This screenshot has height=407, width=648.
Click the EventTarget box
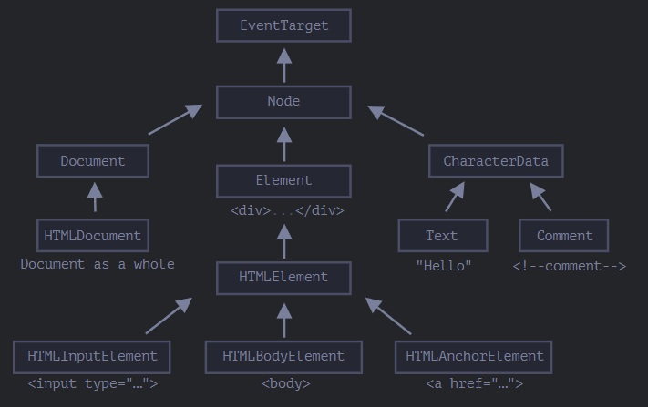[x=284, y=25]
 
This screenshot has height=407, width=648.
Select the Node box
[x=284, y=102]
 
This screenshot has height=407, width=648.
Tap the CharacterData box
[x=496, y=161]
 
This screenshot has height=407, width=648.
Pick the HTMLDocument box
[x=93, y=235]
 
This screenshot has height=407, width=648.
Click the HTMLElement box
[x=284, y=278]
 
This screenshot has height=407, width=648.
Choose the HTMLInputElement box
[x=92, y=357]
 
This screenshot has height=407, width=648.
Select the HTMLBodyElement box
[x=284, y=357]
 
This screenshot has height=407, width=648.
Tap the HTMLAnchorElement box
[x=474, y=357]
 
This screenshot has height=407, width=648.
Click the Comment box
[x=563, y=235]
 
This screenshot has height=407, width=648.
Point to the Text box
[x=443, y=235]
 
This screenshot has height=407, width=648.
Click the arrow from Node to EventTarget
[x=284, y=66]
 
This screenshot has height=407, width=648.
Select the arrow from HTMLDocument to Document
[x=95, y=197]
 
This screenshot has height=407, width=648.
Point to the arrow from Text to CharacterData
[x=455, y=197]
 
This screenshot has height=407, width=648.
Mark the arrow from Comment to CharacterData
[x=540, y=197]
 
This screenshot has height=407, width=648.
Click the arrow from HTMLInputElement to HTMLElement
[x=169, y=315]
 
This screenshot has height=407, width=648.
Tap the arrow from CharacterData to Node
[x=396, y=120]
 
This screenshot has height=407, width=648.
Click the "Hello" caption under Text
[x=444, y=266]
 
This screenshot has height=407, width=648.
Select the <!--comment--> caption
[x=570, y=266]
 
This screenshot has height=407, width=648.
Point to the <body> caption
[x=286, y=383]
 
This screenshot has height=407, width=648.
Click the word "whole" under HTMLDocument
[x=154, y=264]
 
